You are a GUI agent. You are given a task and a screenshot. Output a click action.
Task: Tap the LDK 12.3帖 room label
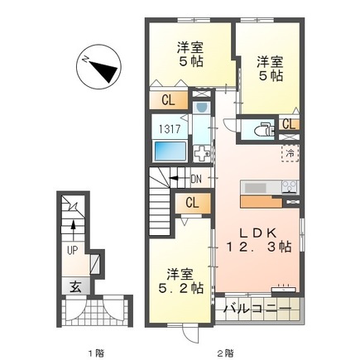coord(259,238)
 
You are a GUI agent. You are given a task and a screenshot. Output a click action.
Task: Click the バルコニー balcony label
coord(257,310)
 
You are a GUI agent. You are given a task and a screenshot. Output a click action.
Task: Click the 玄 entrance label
coord(74,288)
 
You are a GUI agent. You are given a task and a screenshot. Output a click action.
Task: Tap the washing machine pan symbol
coord(203,151)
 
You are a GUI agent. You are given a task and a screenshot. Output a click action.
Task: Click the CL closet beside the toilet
coord(287,124)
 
